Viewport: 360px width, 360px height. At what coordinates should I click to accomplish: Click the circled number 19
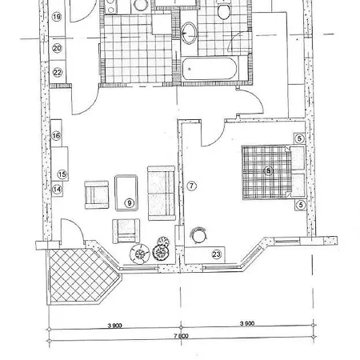click(x=57, y=16)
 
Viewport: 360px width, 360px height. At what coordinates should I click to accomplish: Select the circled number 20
click(x=57, y=48)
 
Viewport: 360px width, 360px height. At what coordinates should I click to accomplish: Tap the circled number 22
click(x=57, y=71)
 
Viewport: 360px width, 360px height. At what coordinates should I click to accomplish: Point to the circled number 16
click(x=56, y=136)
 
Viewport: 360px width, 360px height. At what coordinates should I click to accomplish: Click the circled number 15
click(x=63, y=174)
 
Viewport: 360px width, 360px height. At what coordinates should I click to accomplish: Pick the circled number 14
click(x=56, y=190)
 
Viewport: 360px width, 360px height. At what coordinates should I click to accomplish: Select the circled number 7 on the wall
click(x=191, y=186)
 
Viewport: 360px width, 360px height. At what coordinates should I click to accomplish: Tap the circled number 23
click(x=216, y=254)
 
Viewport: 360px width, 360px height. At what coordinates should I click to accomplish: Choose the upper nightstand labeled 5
click(x=299, y=138)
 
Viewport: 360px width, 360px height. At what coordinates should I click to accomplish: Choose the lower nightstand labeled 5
click(x=299, y=205)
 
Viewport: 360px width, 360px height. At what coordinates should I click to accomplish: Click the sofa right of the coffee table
click(x=162, y=190)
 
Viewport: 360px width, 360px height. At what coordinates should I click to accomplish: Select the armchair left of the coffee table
click(x=97, y=193)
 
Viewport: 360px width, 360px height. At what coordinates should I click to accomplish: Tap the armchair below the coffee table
click(x=124, y=230)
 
